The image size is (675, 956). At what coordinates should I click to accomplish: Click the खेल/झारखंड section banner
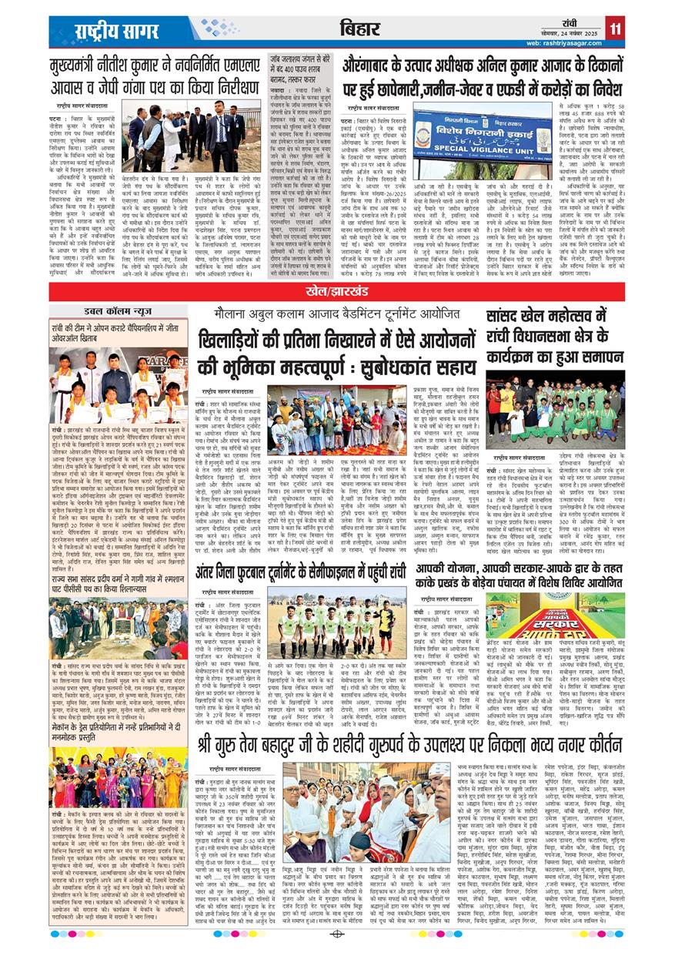337,294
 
